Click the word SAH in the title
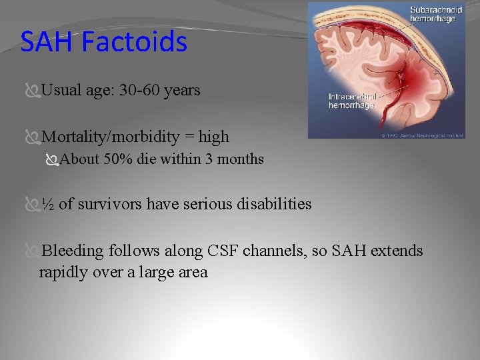[x=49, y=42]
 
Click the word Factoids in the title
[x=135, y=42]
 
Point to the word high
[x=213, y=137]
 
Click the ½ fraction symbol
[x=48, y=204]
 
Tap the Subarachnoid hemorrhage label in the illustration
[x=436, y=15]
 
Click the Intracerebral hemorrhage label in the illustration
[x=353, y=101]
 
